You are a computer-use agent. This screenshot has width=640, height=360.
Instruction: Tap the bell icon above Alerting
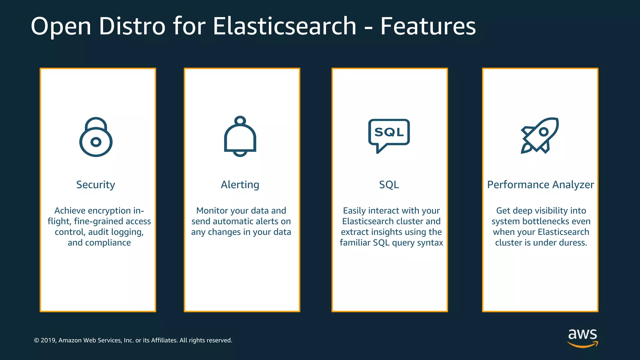(240, 137)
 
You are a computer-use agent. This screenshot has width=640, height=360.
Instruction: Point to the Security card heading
(96, 185)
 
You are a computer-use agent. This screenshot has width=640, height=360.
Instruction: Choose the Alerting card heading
(240, 185)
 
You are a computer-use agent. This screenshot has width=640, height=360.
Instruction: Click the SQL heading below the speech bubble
(389, 185)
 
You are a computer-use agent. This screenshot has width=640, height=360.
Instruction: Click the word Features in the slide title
(428, 26)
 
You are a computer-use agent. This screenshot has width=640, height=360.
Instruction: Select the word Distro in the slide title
(132, 26)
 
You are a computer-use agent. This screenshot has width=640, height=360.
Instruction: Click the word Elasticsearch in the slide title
(284, 26)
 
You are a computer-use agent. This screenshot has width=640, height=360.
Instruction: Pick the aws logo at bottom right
(582, 337)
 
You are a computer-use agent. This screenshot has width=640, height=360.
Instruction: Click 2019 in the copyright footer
(48, 340)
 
